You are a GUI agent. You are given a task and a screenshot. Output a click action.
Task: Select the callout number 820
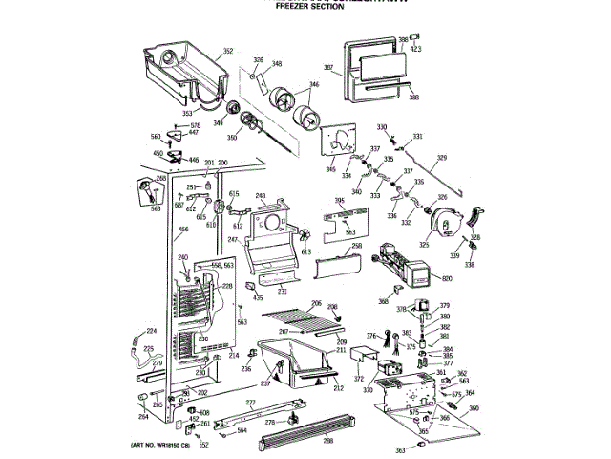[447, 278]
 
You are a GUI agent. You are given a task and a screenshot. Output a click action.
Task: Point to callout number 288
[327, 441]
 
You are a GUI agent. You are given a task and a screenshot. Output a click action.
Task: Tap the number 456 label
[157, 229]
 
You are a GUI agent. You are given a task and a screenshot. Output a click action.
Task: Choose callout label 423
[416, 48]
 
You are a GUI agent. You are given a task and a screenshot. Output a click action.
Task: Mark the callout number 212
[337, 388]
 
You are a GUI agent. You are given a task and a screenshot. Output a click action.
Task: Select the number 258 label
[357, 246]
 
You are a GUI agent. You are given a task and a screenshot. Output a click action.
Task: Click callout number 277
[250, 403]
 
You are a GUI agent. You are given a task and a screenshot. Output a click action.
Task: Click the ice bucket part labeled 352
[181, 72]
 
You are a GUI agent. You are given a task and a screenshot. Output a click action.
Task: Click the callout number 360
[474, 407]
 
